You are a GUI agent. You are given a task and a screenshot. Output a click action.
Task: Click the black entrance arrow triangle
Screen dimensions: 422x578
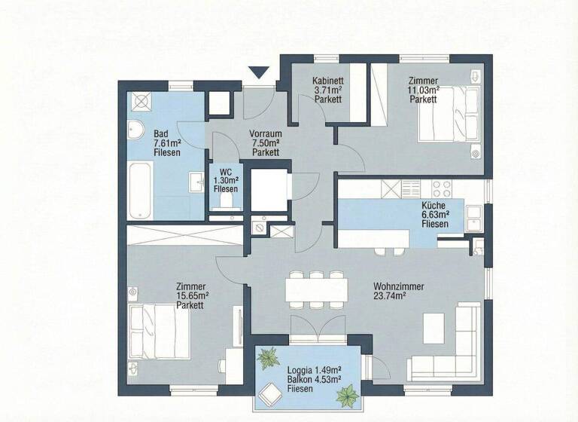point(259,73)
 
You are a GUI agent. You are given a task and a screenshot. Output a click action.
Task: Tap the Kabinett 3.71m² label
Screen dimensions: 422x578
point(328,90)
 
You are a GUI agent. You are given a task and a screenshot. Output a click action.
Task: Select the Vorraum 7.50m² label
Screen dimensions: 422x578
point(265,142)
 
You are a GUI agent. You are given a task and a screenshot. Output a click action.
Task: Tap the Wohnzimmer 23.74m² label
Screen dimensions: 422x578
point(398,291)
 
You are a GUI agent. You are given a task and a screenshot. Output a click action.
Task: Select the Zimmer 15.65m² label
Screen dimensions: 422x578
point(191,295)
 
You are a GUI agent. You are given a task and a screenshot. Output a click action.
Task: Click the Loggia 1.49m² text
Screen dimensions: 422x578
point(315,370)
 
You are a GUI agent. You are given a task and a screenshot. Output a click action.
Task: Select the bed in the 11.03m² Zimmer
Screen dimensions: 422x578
point(448,113)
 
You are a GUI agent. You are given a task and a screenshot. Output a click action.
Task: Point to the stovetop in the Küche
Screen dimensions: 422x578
point(440,189)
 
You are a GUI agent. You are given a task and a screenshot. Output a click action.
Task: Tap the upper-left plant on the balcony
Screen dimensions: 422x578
point(268,358)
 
